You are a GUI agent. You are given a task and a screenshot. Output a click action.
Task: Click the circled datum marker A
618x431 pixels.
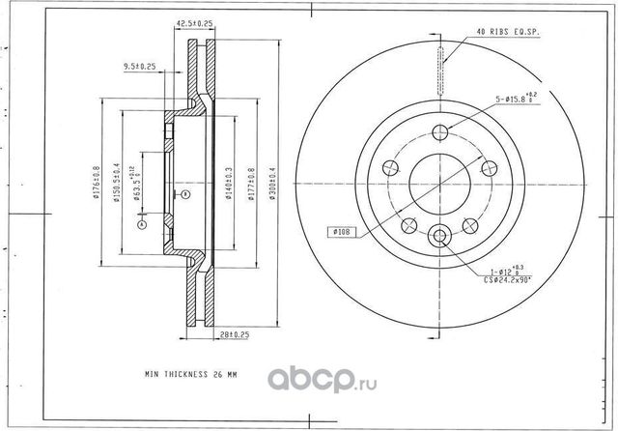142,224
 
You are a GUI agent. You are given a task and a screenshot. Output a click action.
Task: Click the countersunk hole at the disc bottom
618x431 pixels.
439,234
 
